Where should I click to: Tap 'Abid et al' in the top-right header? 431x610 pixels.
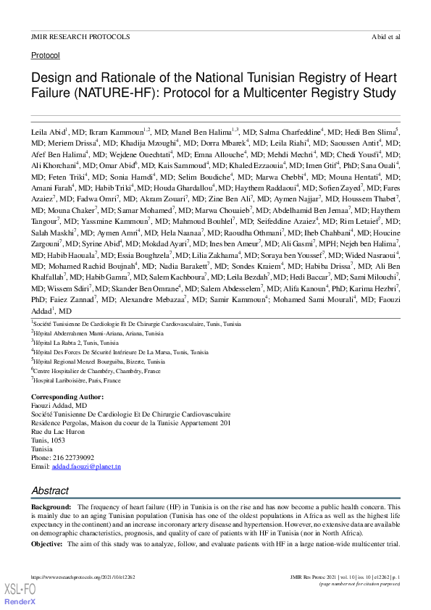385,35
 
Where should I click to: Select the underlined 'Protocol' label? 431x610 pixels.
46,55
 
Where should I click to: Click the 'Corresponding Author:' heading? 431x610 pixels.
67,397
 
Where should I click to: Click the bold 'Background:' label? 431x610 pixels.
51,506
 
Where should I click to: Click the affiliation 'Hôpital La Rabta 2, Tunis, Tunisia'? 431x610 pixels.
76,341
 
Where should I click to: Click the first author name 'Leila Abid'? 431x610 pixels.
48,134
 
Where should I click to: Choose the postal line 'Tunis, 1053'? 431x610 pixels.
49,440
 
